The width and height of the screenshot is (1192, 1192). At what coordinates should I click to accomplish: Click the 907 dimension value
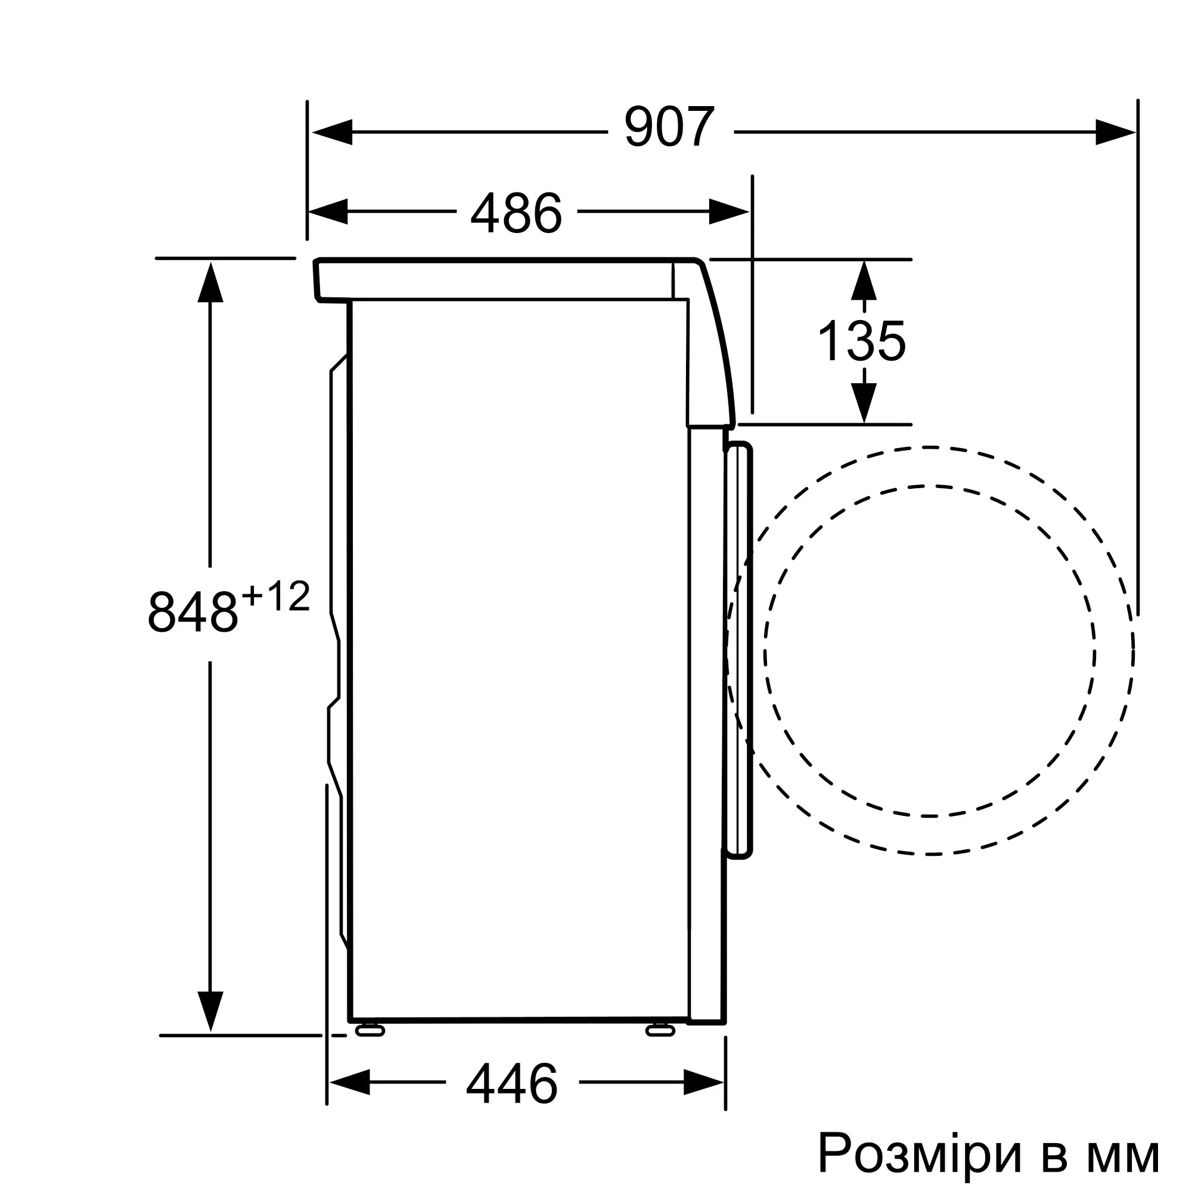click(x=669, y=128)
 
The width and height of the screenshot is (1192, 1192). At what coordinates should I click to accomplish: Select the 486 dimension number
click(x=516, y=212)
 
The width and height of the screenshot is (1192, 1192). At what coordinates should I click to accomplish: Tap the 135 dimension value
click(x=862, y=341)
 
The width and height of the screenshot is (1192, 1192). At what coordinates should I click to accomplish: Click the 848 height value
click(x=193, y=613)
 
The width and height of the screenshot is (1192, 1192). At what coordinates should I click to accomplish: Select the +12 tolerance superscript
click(x=276, y=597)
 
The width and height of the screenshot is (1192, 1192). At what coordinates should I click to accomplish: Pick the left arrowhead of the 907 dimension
click(x=332, y=132)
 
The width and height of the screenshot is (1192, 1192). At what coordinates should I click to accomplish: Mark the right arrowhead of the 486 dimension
click(x=729, y=212)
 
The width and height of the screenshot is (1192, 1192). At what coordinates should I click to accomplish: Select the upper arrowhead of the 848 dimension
click(x=210, y=282)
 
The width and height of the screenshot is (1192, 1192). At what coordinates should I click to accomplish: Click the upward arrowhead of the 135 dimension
click(x=864, y=281)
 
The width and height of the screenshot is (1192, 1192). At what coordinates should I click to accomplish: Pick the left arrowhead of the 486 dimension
click(x=328, y=212)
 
